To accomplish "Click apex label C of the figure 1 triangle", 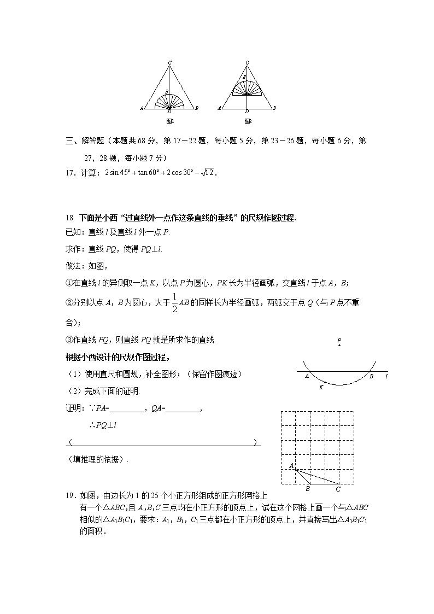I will pyautogui.click(x=170, y=62).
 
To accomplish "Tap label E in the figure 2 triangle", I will pyautogui.click(x=244, y=77).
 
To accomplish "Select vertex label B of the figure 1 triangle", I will pyautogui.click(x=197, y=108).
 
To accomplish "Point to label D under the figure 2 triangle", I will pyautogui.click(x=247, y=112).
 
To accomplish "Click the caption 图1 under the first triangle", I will pyautogui.click(x=169, y=121).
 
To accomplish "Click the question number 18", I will pyautogui.click(x=69, y=218).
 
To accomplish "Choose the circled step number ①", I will pyautogui.click(x=68, y=283).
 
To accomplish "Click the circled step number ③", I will pyautogui.click(x=68, y=340).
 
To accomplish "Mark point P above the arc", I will pyautogui.click(x=339, y=340).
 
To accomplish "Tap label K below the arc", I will pyautogui.click(x=321, y=387).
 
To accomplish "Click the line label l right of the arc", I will pyautogui.click(x=386, y=376).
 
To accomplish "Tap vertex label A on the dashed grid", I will pyautogui.click(x=291, y=466).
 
